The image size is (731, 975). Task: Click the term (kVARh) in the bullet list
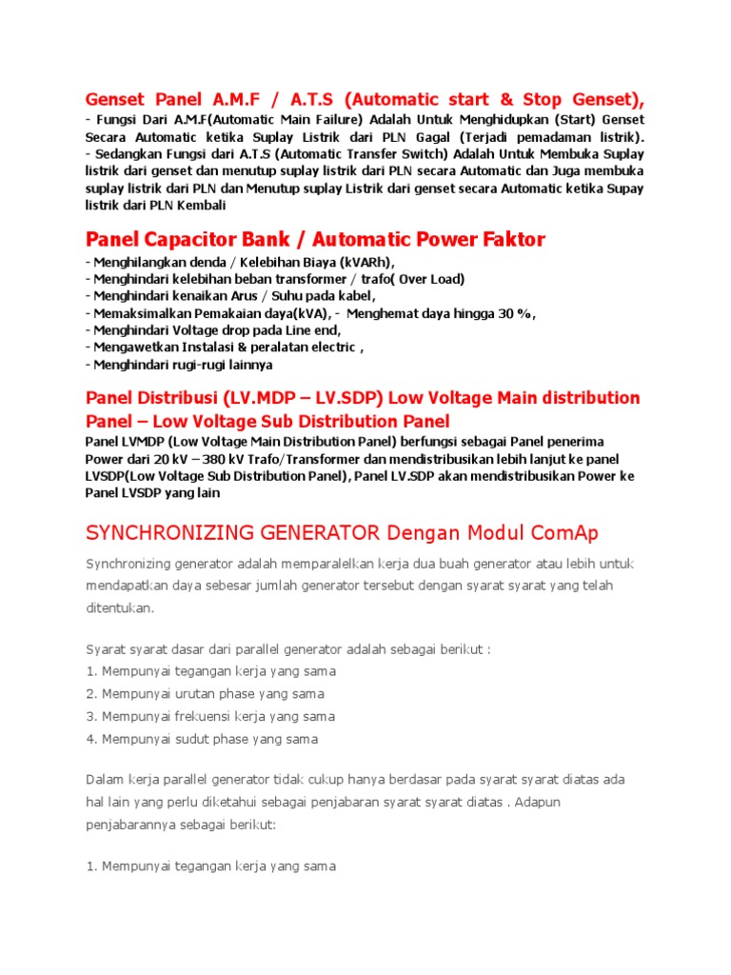364,262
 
